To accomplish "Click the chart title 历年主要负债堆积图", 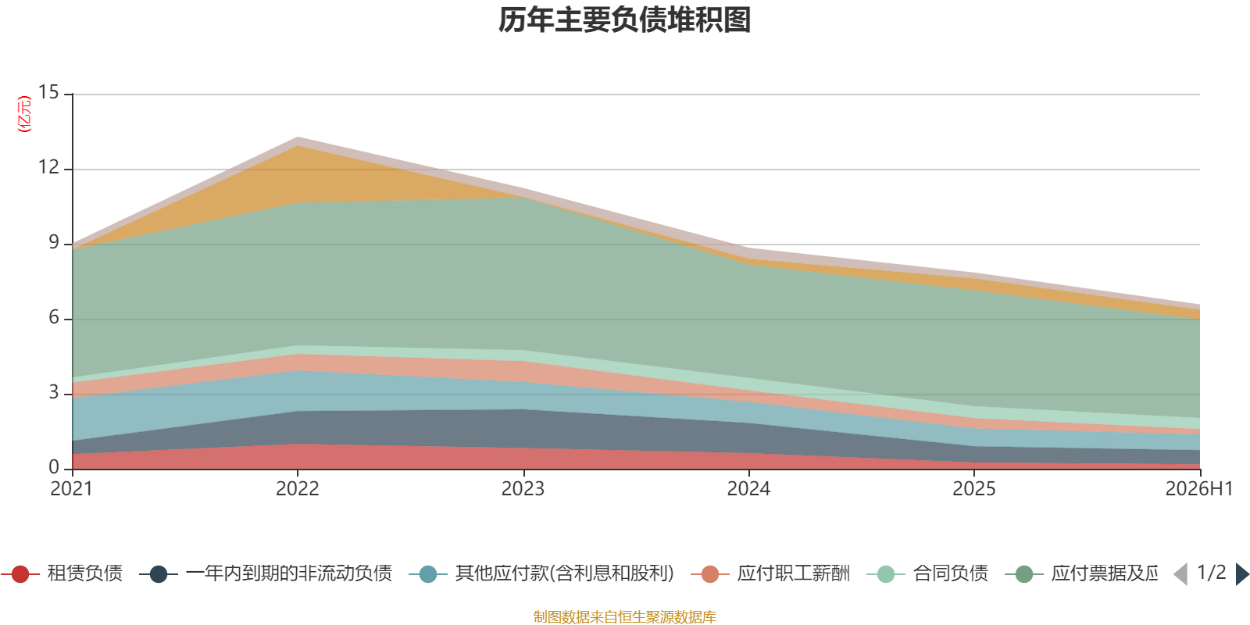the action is pyautogui.click(x=624, y=20).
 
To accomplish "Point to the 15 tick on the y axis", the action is pyautogui.click(x=48, y=92).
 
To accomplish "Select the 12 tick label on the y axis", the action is pyautogui.click(x=48, y=167).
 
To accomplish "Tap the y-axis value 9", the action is pyautogui.click(x=54, y=242).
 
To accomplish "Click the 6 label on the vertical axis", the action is pyautogui.click(x=54, y=317).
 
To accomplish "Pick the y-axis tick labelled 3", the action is pyautogui.click(x=54, y=392).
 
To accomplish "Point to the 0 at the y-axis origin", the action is pyautogui.click(x=54, y=467).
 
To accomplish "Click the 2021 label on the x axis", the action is pyautogui.click(x=71, y=489).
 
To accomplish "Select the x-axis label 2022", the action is pyautogui.click(x=298, y=489).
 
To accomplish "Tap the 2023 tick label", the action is pyautogui.click(x=523, y=489).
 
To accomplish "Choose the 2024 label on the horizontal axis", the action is pyautogui.click(x=748, y=489).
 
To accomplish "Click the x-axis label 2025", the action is pyautogui.click(x=973, y=489).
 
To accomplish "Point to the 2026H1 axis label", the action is pyautogui.click(x=1199, y=489).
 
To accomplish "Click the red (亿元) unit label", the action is pyautogui.click(x=24, y=114).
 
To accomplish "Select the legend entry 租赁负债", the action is pyautogui.click(x=62, y=573).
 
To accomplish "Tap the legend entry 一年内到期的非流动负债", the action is pyautogui.click(x=266, y=573).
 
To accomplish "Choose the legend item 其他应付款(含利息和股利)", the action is pyautogui.click(x=541, y=573).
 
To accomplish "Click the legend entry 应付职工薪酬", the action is pyautogui.click(x=770, y=573).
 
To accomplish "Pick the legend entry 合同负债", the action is pyautogui.click(x=927, y=573).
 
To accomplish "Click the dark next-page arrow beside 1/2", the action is pyautogui.click(x=1242, y=573).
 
